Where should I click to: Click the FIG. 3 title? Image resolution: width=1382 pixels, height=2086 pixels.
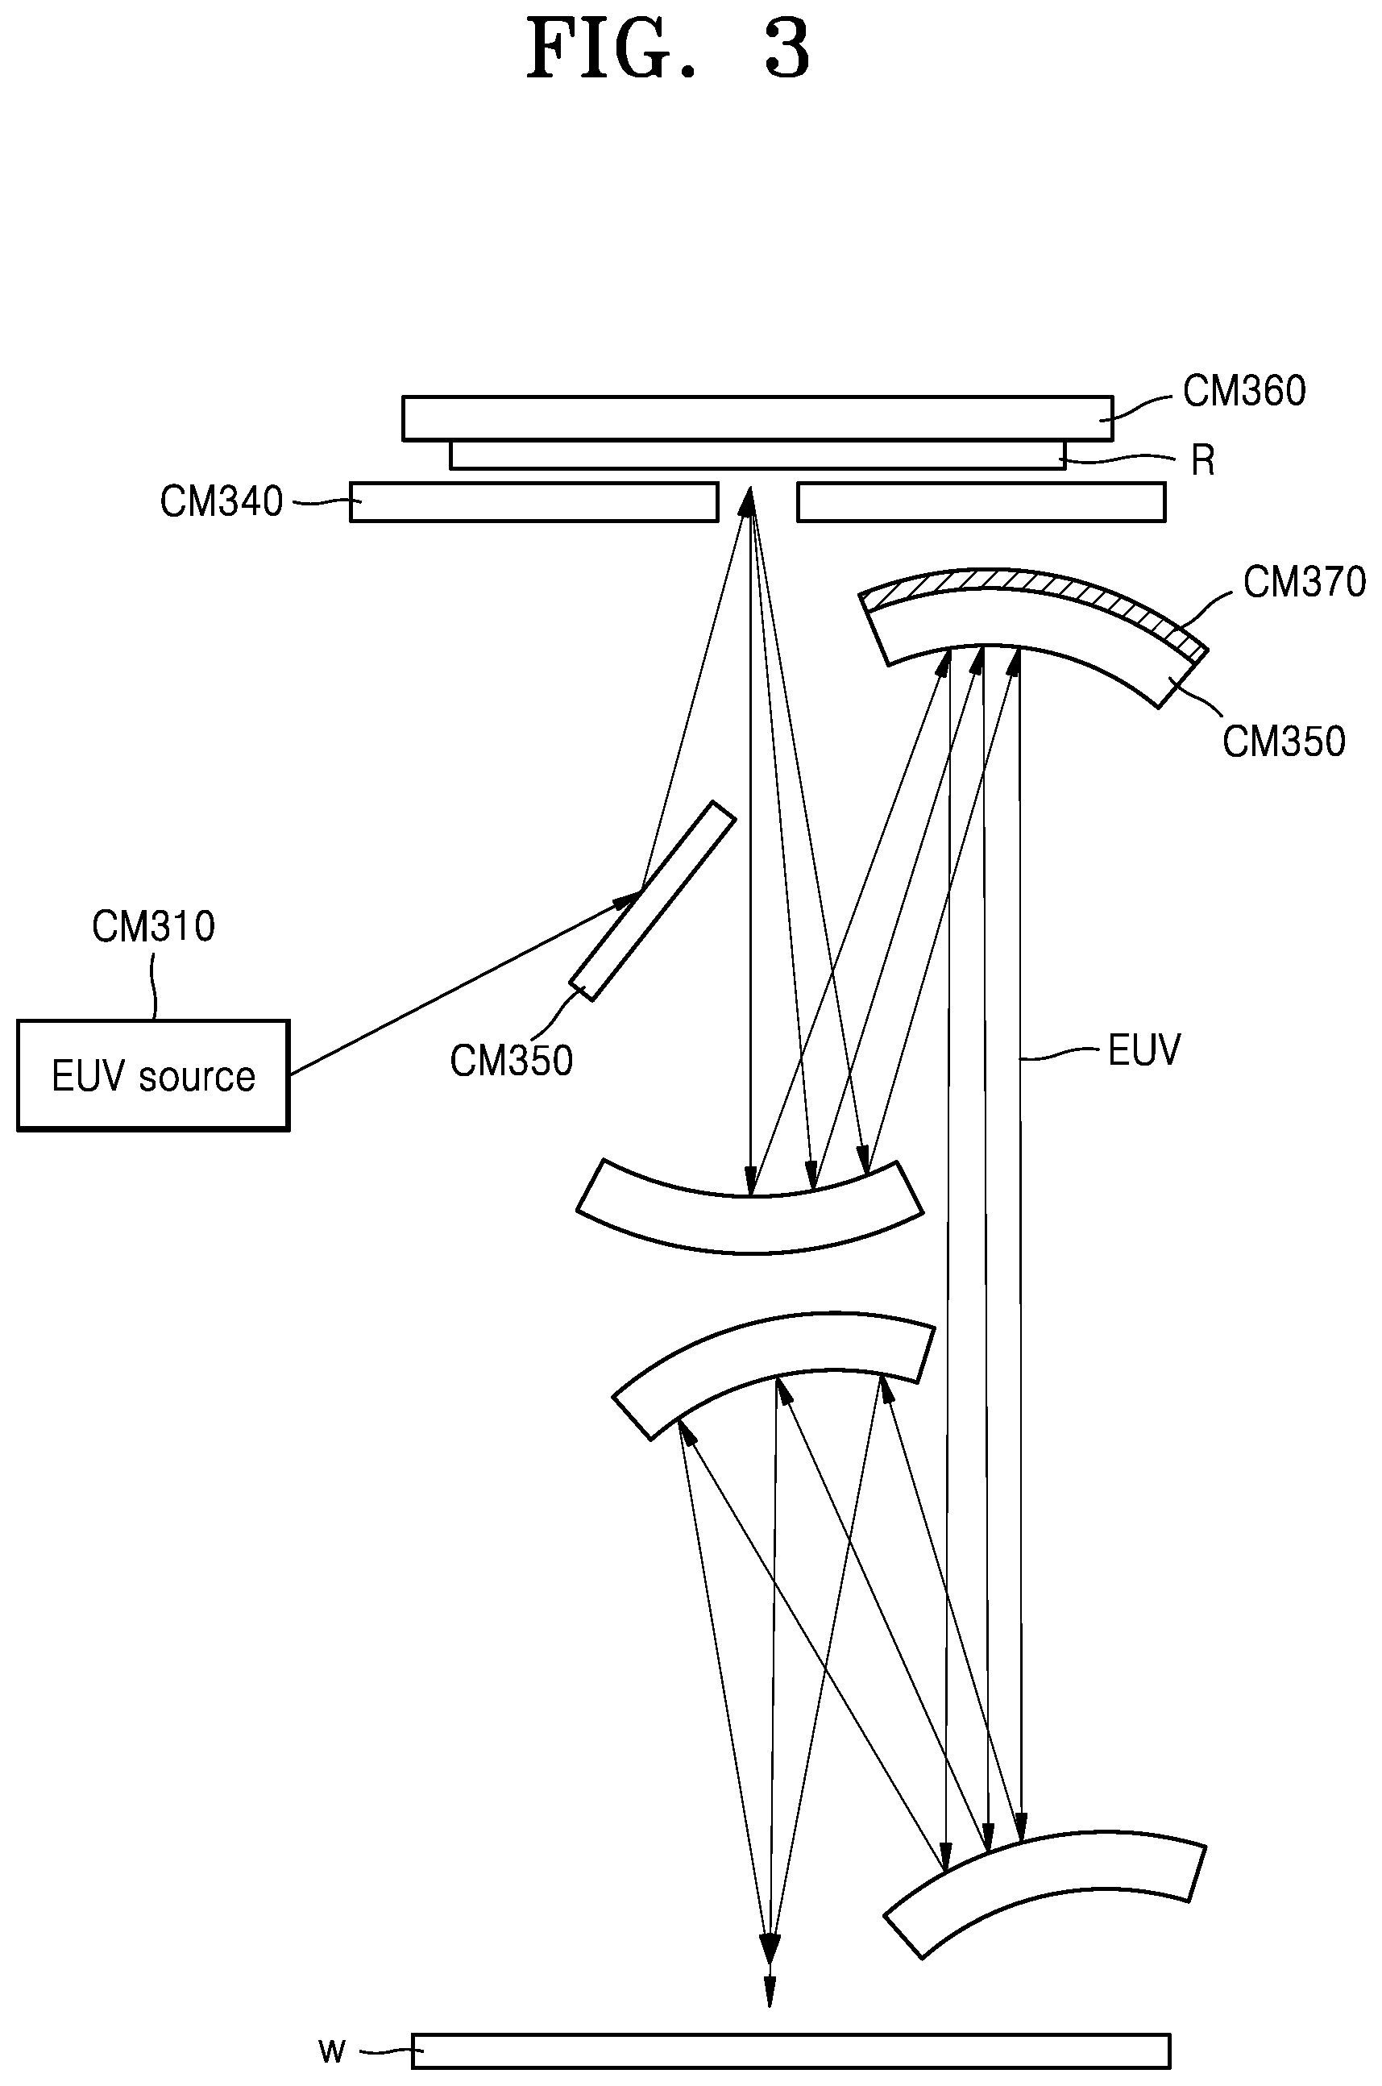point(668,50)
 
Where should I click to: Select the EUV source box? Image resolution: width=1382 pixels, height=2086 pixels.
point(153,1074)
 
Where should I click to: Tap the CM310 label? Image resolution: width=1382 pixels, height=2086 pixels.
point(153,928)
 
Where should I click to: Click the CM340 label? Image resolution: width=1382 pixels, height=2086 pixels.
point(222,501)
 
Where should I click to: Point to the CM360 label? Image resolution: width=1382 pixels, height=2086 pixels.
point(1243,391)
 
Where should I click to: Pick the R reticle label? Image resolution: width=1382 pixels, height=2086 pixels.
point(1203,460)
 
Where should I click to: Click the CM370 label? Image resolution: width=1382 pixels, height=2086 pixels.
point(1305,582)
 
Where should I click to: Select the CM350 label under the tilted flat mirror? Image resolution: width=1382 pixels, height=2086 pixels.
point(511,1061)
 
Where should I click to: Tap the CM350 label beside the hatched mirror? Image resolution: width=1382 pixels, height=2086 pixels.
point(1283,742)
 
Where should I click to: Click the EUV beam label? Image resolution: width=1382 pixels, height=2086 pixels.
point(1143,1050)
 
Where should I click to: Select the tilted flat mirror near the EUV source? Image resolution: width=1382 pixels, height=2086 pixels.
point(651,900)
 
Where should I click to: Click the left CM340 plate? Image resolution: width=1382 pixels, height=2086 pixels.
point(534,501)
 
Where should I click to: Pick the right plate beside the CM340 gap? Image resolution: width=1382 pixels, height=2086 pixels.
point(981,501)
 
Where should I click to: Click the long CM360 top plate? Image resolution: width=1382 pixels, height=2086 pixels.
point(758,418)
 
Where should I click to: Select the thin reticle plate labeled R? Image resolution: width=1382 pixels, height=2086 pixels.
point(758,455)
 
